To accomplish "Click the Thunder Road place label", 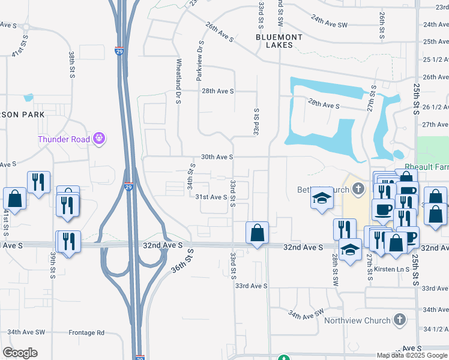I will click(64, 139).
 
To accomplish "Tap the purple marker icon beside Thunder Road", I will click(100, 139).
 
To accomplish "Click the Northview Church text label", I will click(357, 320).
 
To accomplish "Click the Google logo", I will click(20, 353).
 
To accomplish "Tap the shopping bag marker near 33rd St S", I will click(257, 233).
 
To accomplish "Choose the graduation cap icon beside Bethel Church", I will click(322, 198).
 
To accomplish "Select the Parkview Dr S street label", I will click(200, 59).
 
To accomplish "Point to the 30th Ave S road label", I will click(217, 157).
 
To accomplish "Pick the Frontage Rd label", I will click(86, 332).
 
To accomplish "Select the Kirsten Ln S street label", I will click(391, 269).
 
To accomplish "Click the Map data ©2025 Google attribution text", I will click(412, 355).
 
